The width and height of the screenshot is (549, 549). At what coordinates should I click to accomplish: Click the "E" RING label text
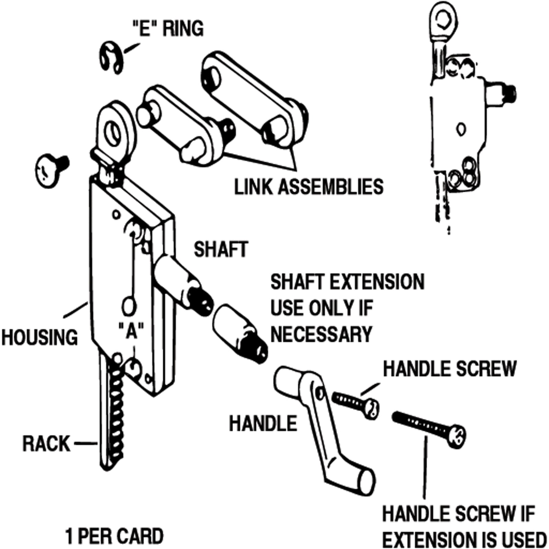coord(168,28)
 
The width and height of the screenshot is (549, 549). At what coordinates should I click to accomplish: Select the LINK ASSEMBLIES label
coord(308,187)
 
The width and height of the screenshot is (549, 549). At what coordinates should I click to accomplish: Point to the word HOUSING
coord(39,337)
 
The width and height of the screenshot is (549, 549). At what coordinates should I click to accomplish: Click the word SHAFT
coord(221,249)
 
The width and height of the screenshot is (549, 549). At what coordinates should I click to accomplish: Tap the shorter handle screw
coord(355,404)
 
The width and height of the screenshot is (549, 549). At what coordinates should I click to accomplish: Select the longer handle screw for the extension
coord(429,429)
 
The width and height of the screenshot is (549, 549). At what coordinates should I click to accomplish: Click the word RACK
coord(46,444)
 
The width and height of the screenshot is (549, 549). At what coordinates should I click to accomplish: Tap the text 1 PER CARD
coord(114,536)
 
